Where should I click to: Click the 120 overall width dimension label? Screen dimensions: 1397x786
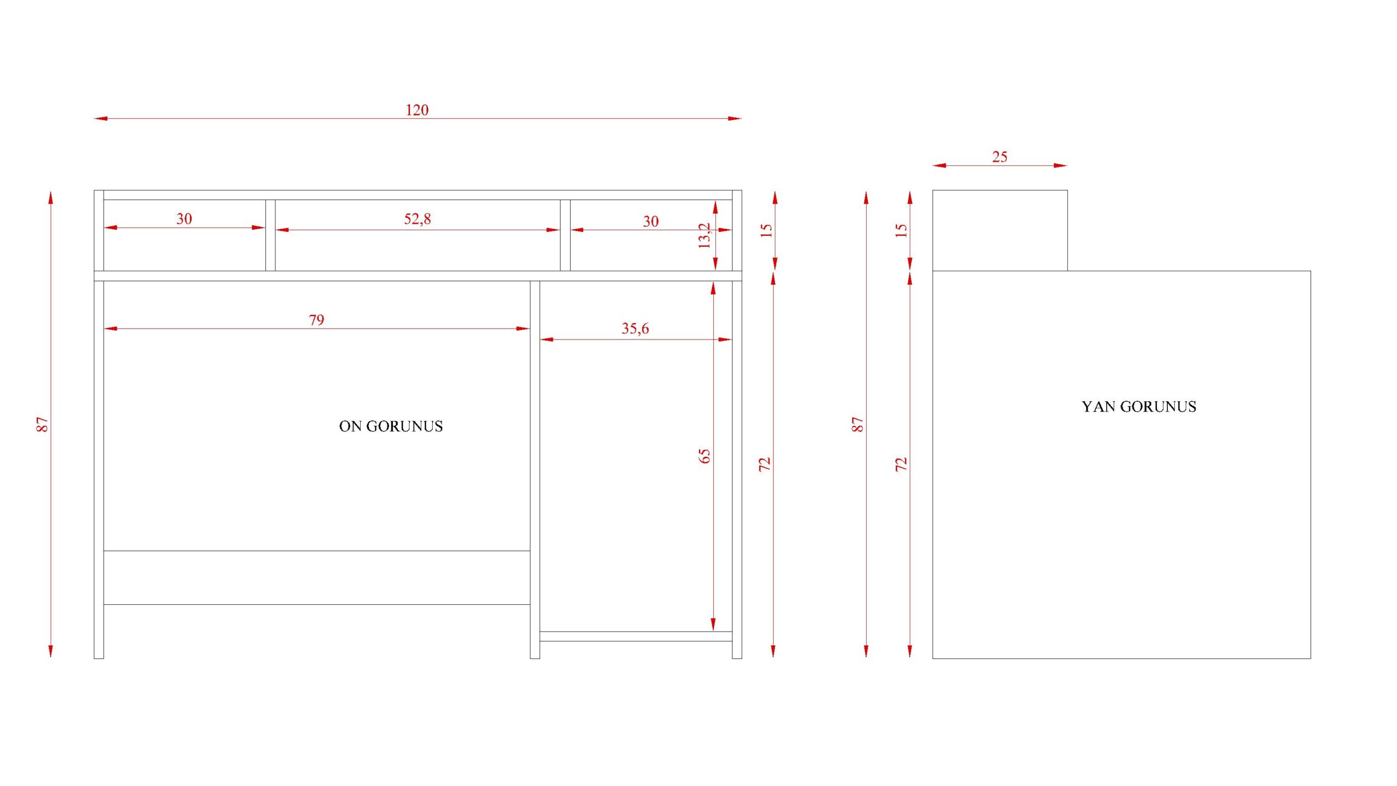coord(417,110)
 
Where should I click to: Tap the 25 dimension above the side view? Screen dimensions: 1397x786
coord(1000,157)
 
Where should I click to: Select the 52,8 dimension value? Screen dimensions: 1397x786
coord(417,219)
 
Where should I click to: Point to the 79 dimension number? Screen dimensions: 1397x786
coord(317,320)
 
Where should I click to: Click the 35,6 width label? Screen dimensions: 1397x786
coord(635,329)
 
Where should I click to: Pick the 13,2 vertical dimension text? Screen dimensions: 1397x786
coord(705,236)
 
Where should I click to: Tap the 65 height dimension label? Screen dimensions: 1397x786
coord(705,456)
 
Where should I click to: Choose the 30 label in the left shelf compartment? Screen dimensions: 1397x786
coord(184,219)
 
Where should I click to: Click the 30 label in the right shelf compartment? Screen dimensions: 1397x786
coord(650,222)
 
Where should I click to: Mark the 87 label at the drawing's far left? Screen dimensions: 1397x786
coord(43,425)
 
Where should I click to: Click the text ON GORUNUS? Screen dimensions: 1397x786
coord(391,426)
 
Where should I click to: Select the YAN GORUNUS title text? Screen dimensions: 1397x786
coord(1139,407)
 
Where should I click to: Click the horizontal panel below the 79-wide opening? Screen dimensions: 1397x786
coord(317,577)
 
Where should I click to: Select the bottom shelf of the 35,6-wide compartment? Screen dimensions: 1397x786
coord(636,636)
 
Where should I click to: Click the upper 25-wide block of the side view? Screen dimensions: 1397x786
coord(1000,230)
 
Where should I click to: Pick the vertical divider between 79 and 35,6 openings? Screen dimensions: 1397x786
coord(535,470)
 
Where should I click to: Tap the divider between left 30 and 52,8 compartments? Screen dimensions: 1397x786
coord(270,235)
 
